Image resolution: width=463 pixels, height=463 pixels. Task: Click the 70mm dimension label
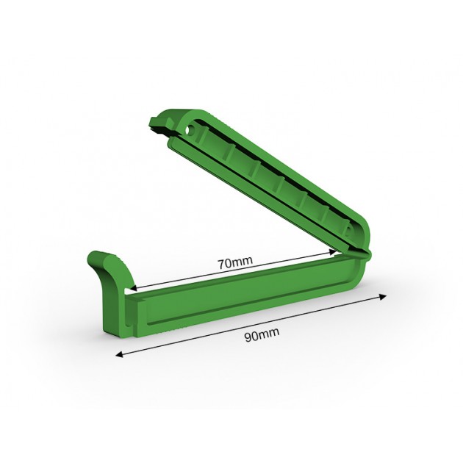(235, 262)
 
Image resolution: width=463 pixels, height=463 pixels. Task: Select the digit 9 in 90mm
(248, 337)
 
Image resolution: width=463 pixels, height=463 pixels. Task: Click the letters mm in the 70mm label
(243, 262)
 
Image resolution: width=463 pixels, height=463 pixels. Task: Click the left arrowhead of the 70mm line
(133, 288)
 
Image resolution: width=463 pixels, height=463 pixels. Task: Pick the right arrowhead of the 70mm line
(333, 253)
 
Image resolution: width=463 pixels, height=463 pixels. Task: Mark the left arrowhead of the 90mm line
(119, 354)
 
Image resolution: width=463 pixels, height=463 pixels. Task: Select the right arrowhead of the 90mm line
(383, 297)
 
